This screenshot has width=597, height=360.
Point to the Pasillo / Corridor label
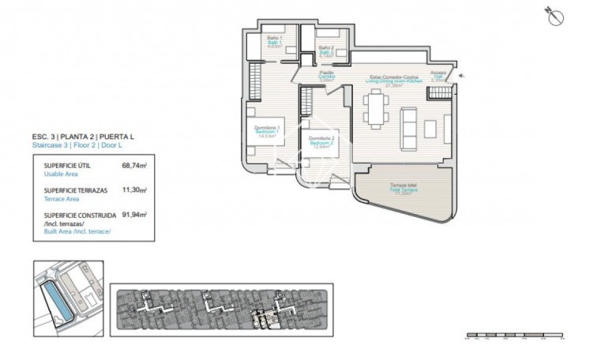click(x=326, y=76)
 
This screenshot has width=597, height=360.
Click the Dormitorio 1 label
click(x=268, y=130)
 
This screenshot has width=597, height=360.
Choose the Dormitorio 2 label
click(x=322, y=141)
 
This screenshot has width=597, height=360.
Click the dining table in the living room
click(x=375, y=108)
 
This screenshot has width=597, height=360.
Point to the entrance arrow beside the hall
click(x=464, y=76)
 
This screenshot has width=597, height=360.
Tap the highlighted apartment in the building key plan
click(x=262, y=317)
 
